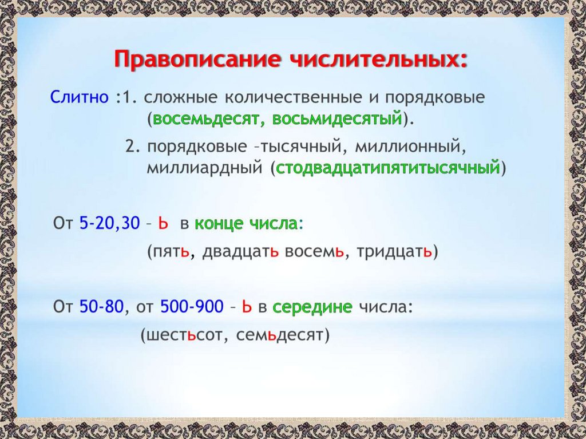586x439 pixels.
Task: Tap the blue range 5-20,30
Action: pos(109,223)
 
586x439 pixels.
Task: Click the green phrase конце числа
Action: pos(246,223)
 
